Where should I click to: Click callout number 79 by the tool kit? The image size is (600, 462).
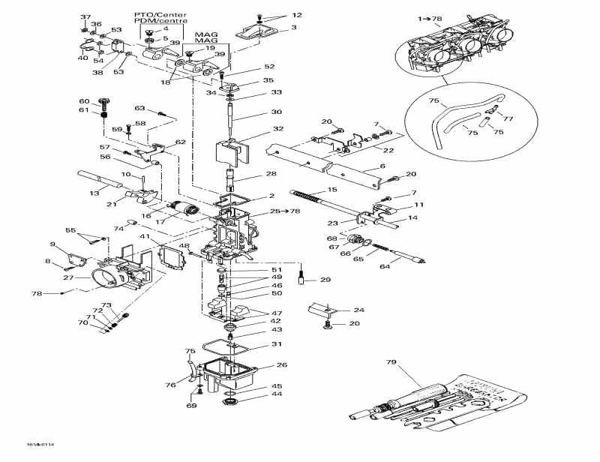point(390,362)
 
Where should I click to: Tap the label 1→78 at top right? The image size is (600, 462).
point(430,17)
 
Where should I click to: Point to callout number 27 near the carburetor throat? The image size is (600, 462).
point(67,277)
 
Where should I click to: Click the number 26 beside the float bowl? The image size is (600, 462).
point(281,365)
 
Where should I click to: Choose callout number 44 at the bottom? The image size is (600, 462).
point(277,394)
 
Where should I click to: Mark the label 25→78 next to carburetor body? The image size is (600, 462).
point(264,211)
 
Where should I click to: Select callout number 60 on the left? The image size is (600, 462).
point(84,101)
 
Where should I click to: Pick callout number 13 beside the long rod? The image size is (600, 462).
point(94,193)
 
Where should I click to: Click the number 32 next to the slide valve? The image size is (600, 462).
point(278,128)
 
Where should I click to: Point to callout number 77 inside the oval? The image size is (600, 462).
point(508,118)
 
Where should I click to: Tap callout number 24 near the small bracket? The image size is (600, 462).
point(358,310)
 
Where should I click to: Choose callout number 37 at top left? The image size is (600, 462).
point(85,16)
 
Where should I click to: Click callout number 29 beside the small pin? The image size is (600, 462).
point(325,280)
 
